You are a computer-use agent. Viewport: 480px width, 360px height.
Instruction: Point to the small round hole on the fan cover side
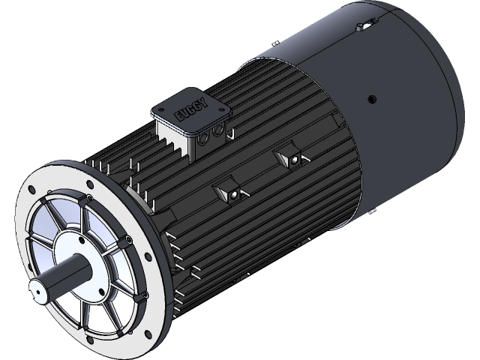(x=370, y=97)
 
